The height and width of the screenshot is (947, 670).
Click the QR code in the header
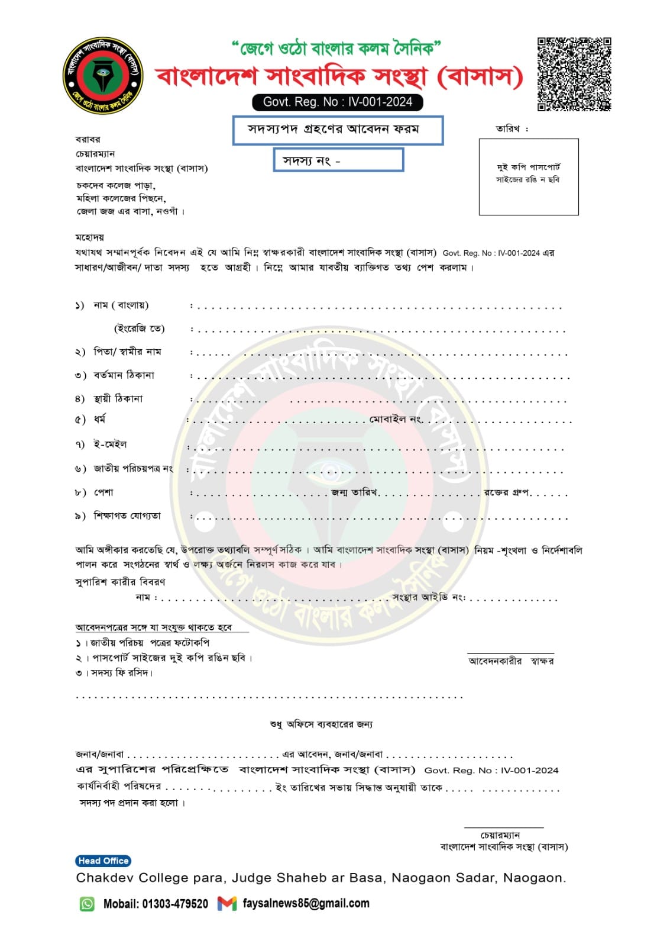(574, 74)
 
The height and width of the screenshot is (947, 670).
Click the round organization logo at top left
(103, 76)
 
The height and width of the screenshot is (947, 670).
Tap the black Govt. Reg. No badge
(337, 102)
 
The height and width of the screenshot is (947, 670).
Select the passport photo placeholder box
(528, 176)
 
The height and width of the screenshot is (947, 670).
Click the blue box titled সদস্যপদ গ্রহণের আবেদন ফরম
(337, 130)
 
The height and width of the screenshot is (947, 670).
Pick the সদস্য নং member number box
(338, 160)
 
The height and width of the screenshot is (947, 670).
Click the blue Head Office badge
(103, 861)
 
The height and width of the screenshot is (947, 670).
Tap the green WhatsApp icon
(87, 904)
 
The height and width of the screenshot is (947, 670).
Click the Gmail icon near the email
(226, 903)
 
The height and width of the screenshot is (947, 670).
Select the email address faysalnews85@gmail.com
(306, 903)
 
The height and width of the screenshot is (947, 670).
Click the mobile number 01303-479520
(175, 904)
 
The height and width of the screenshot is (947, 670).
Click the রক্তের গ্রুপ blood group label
(506, 492)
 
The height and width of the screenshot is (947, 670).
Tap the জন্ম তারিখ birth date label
(354, 492)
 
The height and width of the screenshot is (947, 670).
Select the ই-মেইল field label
(110, 444)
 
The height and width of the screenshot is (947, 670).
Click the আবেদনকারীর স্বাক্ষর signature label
(511, 661)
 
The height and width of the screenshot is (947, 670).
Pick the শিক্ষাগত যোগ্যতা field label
(127, 516)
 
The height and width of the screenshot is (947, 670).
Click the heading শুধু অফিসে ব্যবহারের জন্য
(321, 724)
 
